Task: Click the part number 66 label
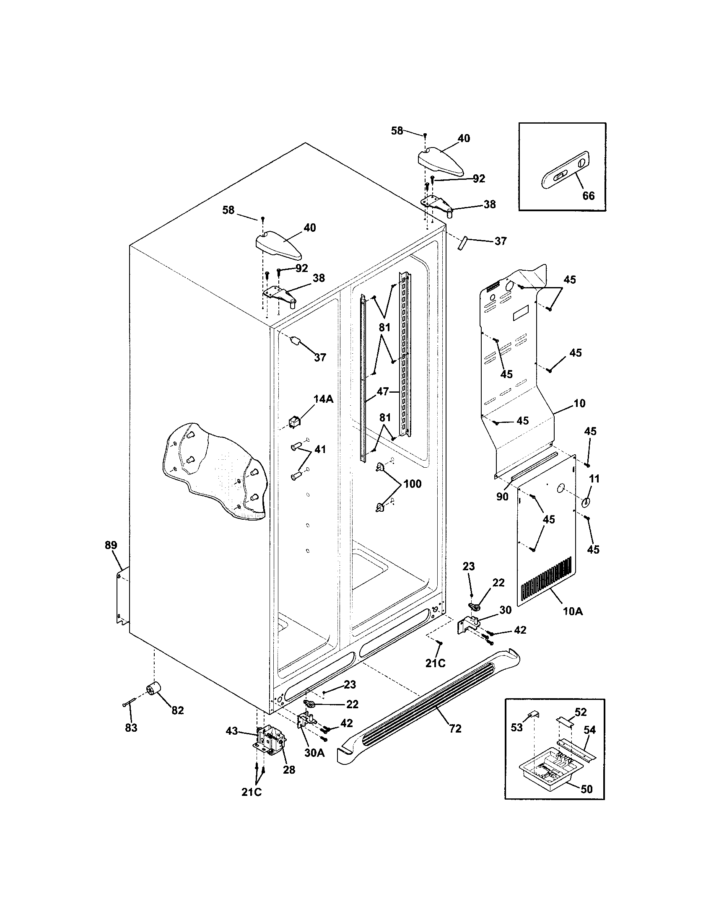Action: (588, 195)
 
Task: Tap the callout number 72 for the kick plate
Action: (455, 729)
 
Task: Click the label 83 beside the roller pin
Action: (131, 728)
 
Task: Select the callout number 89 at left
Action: (111, 545)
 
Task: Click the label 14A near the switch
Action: (323, 399)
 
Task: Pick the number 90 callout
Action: (502, 497)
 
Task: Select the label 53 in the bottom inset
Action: (517, 727)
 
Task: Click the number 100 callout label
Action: (412, 484)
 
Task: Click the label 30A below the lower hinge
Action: (314, 753)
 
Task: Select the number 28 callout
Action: (289, 769)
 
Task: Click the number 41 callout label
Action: (320, 450)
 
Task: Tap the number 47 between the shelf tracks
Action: (382, 392)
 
